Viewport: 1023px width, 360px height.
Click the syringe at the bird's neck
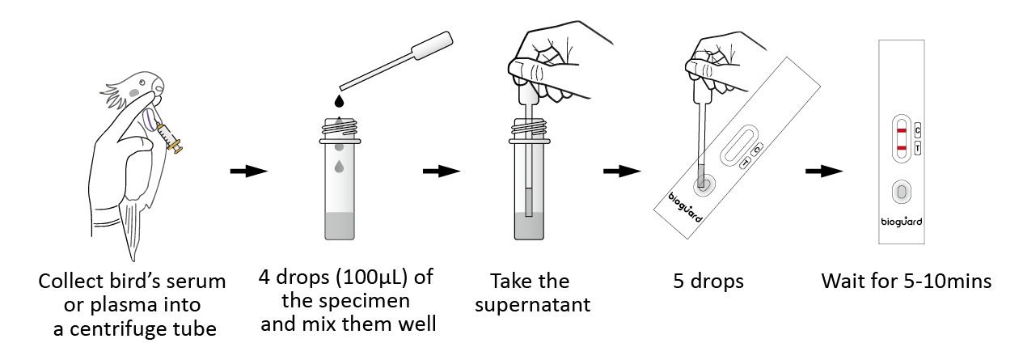coord(170,136)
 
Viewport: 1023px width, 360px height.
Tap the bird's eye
coord(143,83)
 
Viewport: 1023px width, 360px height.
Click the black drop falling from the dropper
coord(338,101)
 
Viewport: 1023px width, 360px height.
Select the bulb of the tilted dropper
coord(432,45)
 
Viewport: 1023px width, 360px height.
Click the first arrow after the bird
coord(248,172)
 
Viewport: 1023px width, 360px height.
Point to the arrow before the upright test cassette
coord(824,172)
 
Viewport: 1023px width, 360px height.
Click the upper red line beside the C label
coord(902,131)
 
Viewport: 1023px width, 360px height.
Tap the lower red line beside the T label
coord(902,147)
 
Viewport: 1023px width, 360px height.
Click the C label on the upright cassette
coord(918,131)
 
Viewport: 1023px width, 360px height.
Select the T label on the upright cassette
coord(918,148)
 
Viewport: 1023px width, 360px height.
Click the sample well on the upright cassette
coord(902,192)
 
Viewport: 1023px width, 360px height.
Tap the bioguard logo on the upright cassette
coord(901,222)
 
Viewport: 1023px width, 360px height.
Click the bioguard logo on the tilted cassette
coord(685,209)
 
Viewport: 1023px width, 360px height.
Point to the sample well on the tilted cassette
coord(704,185)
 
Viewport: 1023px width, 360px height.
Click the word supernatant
coord(532,305)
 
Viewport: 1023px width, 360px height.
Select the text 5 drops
coord(708,281)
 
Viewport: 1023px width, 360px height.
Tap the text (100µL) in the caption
coord(371,277)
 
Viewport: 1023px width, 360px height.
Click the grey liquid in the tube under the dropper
coord(340,226)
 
